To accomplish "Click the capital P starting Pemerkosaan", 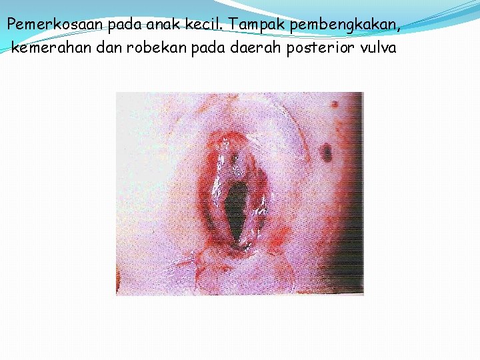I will coord(11,25).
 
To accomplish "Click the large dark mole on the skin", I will coord(326,153).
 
